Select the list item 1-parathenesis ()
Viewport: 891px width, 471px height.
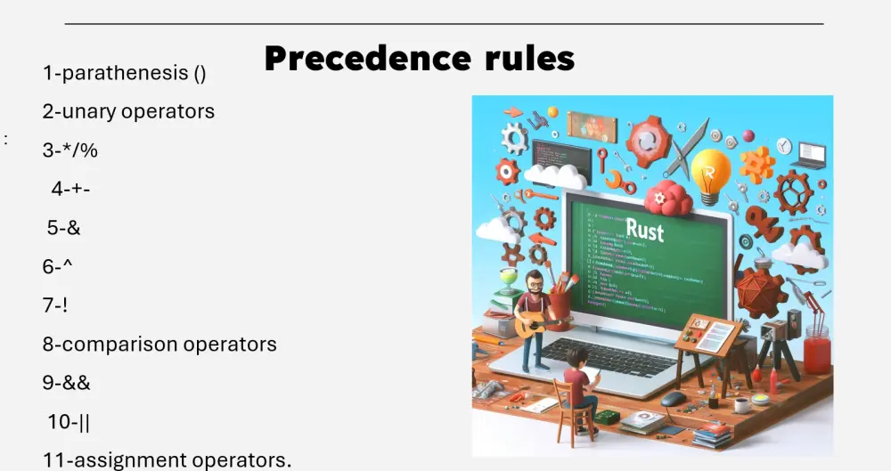click(x=125, y=74)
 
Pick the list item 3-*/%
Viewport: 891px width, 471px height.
click(x=70, y=150)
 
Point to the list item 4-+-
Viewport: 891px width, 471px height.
click(x=71, y=189)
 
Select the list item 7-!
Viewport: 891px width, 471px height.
click(x=55, y=305)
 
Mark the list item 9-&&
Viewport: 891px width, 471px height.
click(x=67, y=383)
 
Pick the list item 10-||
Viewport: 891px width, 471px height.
click(x=69, y=422)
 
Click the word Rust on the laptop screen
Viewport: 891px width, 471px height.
click(x=644, y=229)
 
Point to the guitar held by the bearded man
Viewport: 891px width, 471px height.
click(x=532, y=324)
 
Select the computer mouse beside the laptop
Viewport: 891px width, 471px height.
click(x=674, y=397)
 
